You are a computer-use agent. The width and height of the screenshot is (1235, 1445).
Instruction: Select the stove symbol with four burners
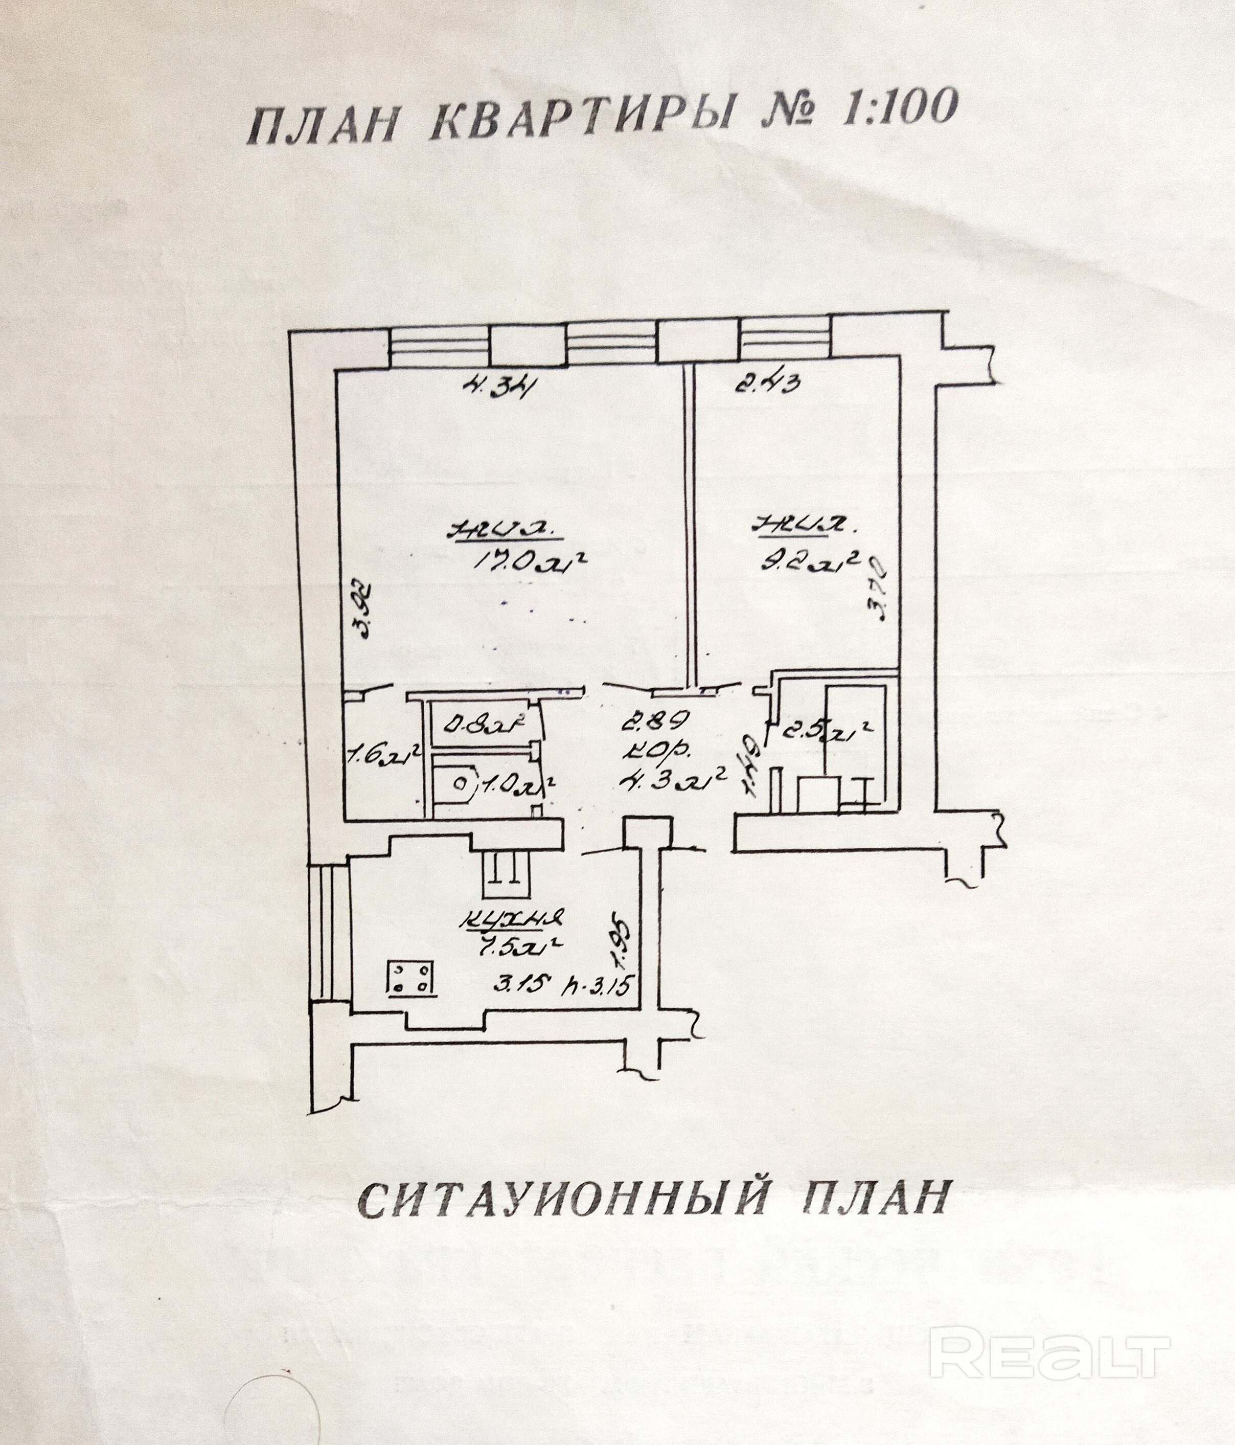[x=411, y=977]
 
